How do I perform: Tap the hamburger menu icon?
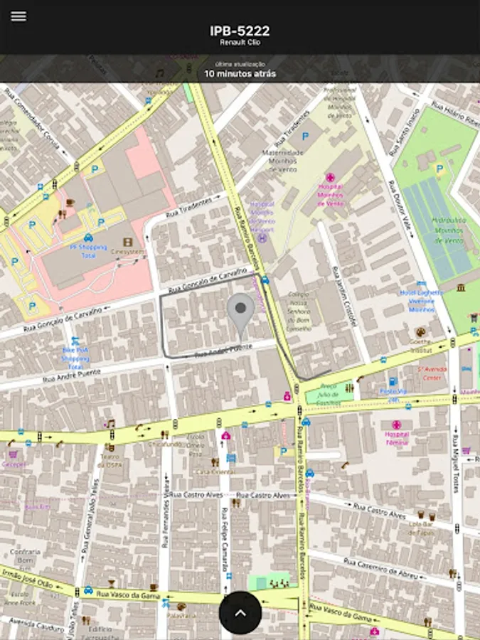click(18, 16)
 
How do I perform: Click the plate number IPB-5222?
click(240, 31)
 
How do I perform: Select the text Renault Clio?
click(240, 43)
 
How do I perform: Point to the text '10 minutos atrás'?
click(240, 73)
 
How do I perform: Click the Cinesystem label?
click(128, 251)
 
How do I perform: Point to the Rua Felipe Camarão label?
click(223, 540)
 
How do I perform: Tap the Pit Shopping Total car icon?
click(88, 237)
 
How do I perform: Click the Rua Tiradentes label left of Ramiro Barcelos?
click(188, 208)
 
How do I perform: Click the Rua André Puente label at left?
click(71, 375)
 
